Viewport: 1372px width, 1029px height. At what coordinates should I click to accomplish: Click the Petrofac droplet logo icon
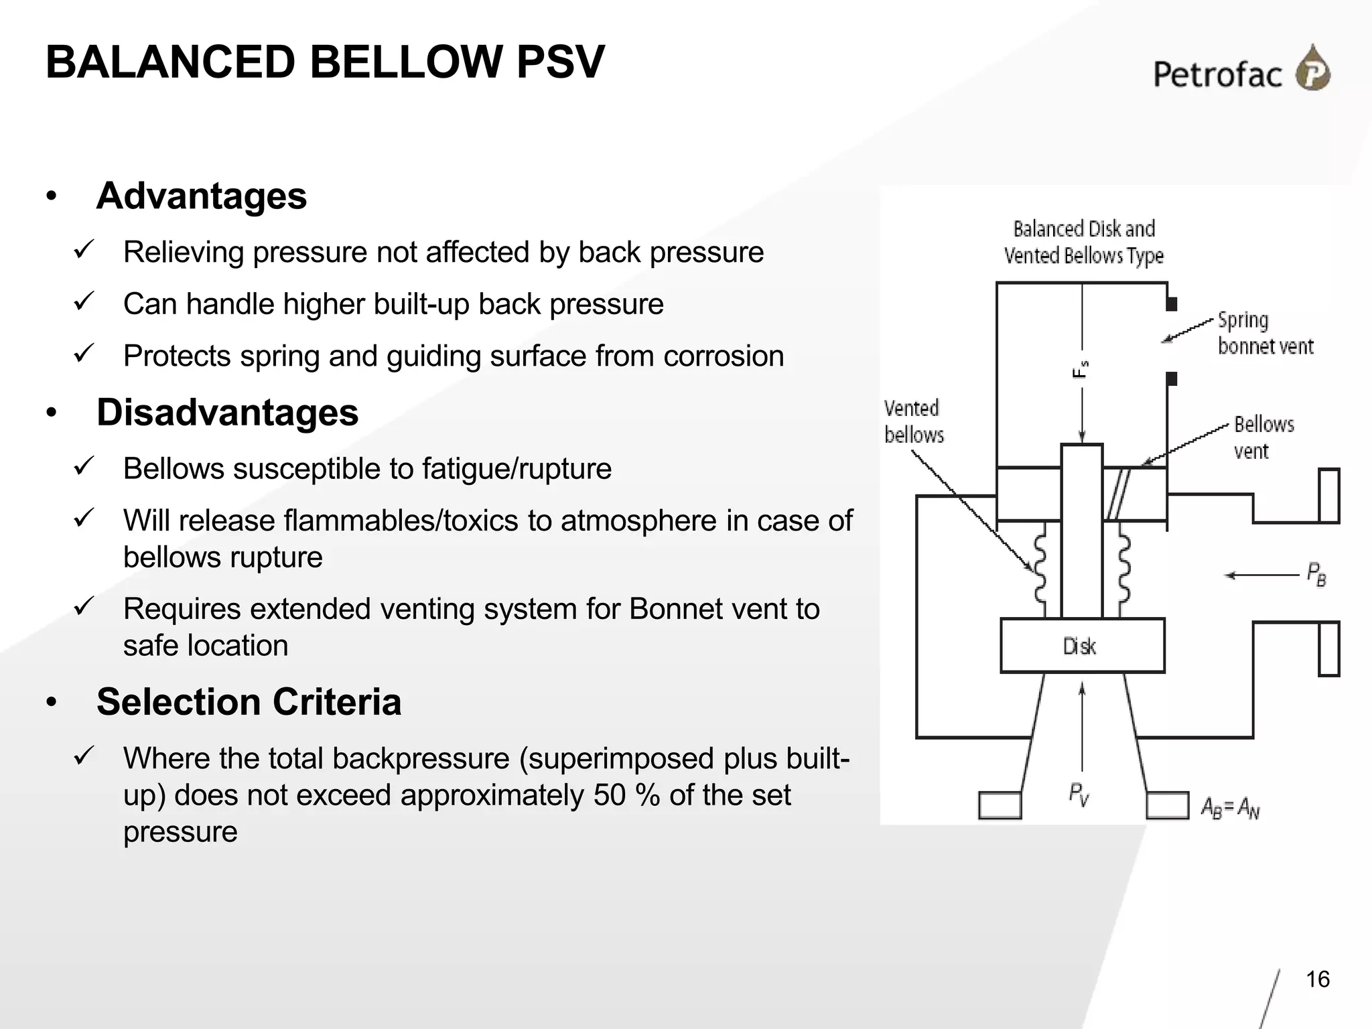pyautogui.click(x=1313, y=68)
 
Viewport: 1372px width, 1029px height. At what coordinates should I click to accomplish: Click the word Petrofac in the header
pyautogui.click(x=1217, y=74)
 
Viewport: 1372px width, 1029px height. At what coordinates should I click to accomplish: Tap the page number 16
pyautogui.click(x=1318, y=979)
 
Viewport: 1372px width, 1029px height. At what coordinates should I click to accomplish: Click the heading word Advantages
pyautogui.click(x=202, y=196)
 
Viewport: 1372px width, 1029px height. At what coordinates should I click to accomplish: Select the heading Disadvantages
pyautogui.click(x=227, y=413)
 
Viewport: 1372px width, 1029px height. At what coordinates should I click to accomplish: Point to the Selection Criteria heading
pyautogui.click(x=249, y=702)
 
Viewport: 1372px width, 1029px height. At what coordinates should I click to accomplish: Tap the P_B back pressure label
pyautogui.click(x=1316, y=574)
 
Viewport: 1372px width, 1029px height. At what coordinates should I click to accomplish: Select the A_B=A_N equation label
pyautogui.click(x=1229, y=808)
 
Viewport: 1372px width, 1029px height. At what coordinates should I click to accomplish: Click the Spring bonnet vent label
pyautogui.click(x=1265, y=333)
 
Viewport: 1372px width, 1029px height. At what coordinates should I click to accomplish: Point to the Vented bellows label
pyautogui.click(x=913, y=422)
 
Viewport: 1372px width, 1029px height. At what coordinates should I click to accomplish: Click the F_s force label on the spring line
pyautogui.click(x=1080, y=369)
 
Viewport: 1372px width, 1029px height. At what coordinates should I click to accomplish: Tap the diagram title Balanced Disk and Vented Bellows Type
pyautogui.click(x=1083, y=242)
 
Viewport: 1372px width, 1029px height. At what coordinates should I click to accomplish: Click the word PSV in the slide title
pyautogui.click(x=560, y=62)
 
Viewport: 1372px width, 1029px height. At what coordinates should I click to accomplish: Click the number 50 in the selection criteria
pyautogui.click(x=609, y=795)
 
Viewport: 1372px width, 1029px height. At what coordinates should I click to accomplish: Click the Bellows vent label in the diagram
pyautogui.click(x=1263, y=437)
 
